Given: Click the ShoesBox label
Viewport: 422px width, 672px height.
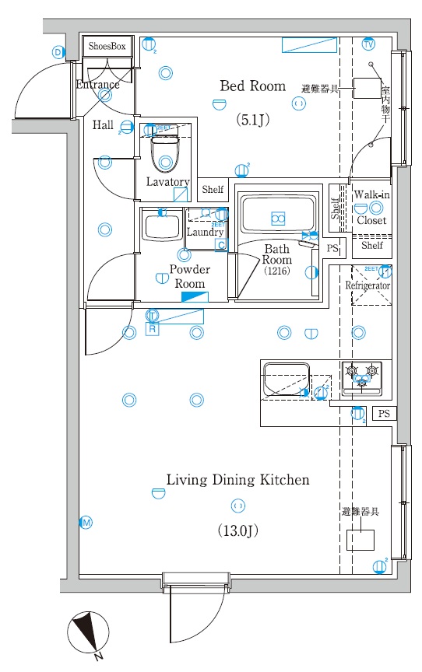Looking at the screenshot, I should point(107,47).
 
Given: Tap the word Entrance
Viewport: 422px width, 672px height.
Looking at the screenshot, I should point(98,85).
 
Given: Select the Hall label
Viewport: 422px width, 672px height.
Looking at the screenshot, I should point(103,125).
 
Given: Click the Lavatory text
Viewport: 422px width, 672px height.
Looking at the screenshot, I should point(167,182).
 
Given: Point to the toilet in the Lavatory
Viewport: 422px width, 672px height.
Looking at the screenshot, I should point(164,156).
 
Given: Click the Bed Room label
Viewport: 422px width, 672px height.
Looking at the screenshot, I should point(252,86).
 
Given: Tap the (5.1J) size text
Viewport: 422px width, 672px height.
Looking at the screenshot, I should point(252,120).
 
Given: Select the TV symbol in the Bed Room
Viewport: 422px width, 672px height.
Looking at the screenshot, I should point(368,44).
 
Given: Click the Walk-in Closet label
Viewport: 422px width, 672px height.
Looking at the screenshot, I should point(371,207).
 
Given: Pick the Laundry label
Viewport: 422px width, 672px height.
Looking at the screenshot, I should point(206,232).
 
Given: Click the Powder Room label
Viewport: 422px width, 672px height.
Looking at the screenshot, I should point(190,276).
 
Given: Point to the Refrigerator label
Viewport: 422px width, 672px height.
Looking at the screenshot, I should point(368,285).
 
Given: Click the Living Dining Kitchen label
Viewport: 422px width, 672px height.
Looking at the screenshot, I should point(237,480).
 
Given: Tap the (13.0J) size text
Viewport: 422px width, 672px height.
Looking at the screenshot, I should point(237,531).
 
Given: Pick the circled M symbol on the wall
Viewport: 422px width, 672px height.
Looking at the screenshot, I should point(86,523).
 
